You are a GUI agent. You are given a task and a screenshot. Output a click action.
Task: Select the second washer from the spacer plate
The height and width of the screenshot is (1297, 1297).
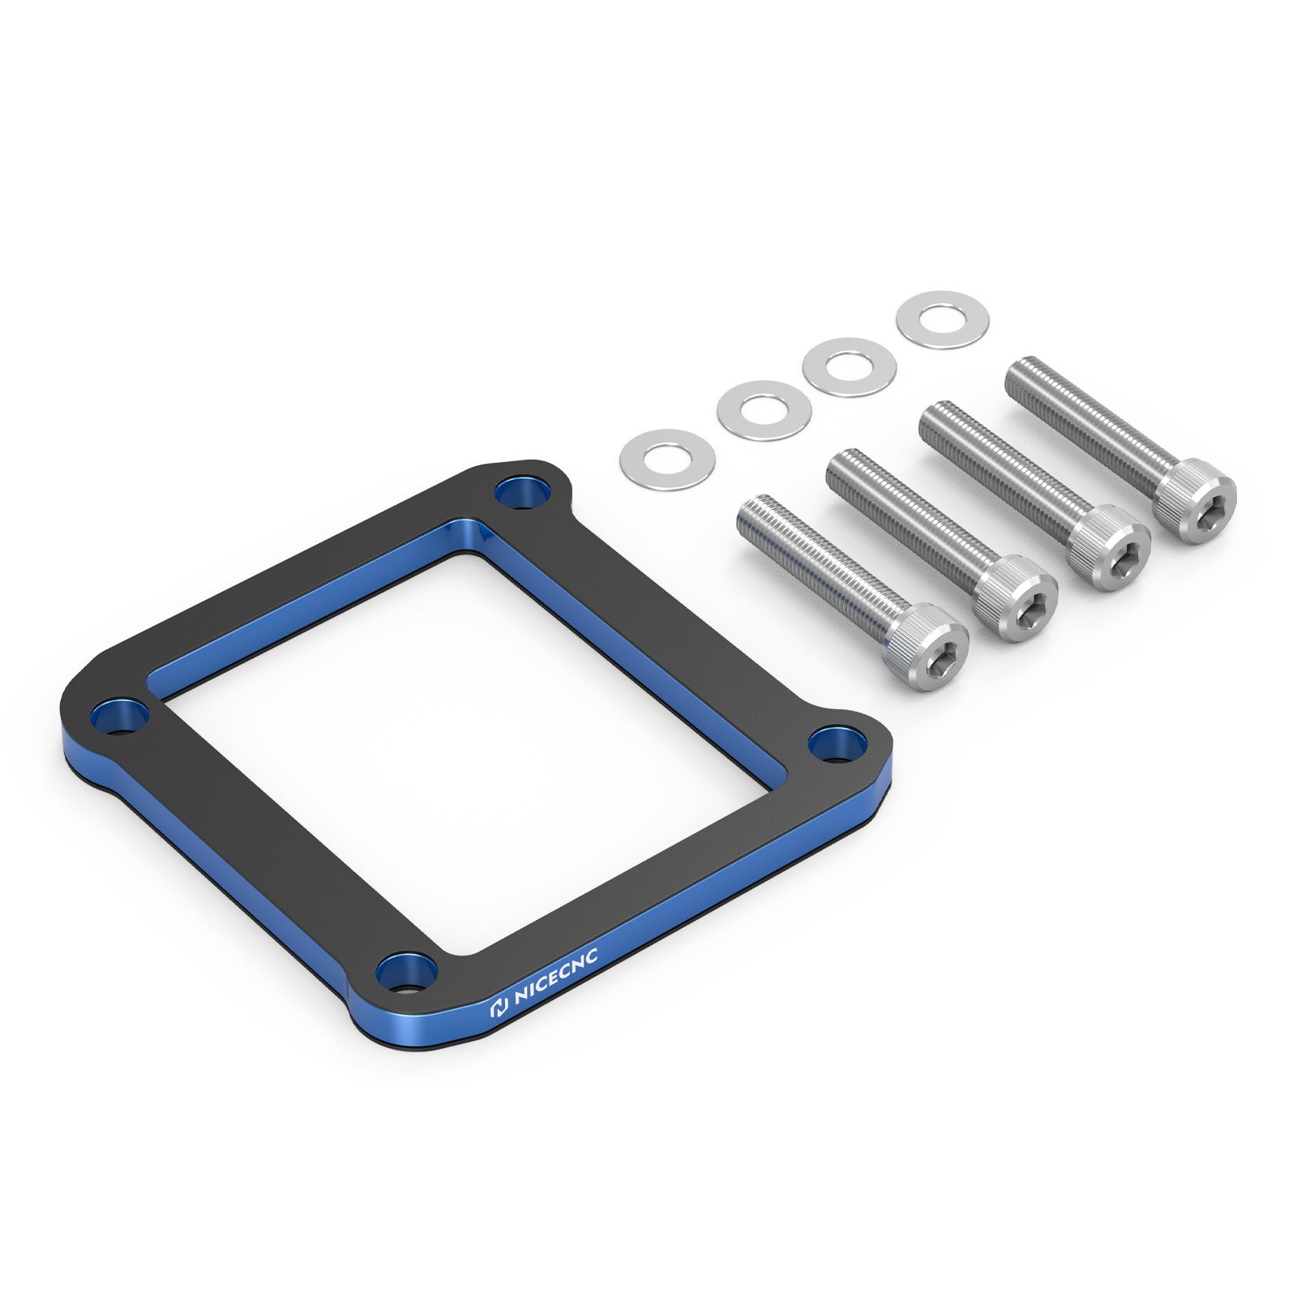[x=764, y=409]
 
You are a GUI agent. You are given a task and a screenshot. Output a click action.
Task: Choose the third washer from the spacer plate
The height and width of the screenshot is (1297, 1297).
[x=849, y=366]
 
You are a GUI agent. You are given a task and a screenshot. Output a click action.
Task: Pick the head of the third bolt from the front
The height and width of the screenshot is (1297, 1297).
[x=1111, y=548]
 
